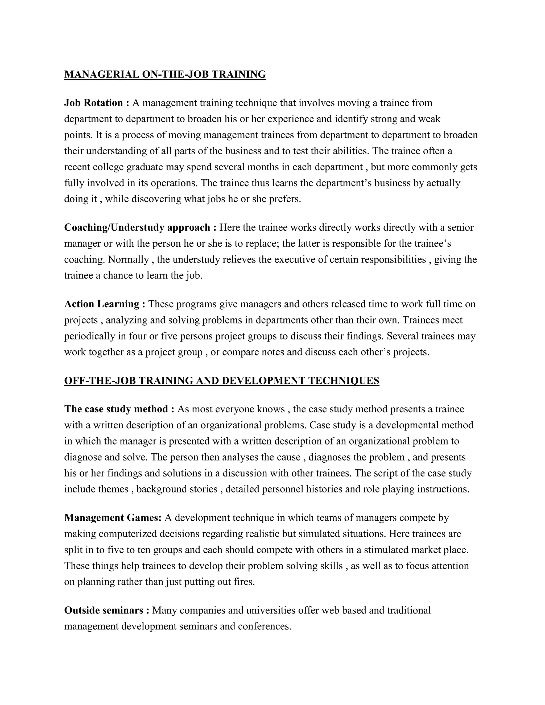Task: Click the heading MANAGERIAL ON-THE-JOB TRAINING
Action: coord(165,74)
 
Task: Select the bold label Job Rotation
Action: coord(94,103)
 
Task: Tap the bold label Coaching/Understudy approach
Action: coord(137,227)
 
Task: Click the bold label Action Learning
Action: coord(102,304)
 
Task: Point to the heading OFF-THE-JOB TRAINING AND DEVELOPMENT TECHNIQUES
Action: coord(221,381)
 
